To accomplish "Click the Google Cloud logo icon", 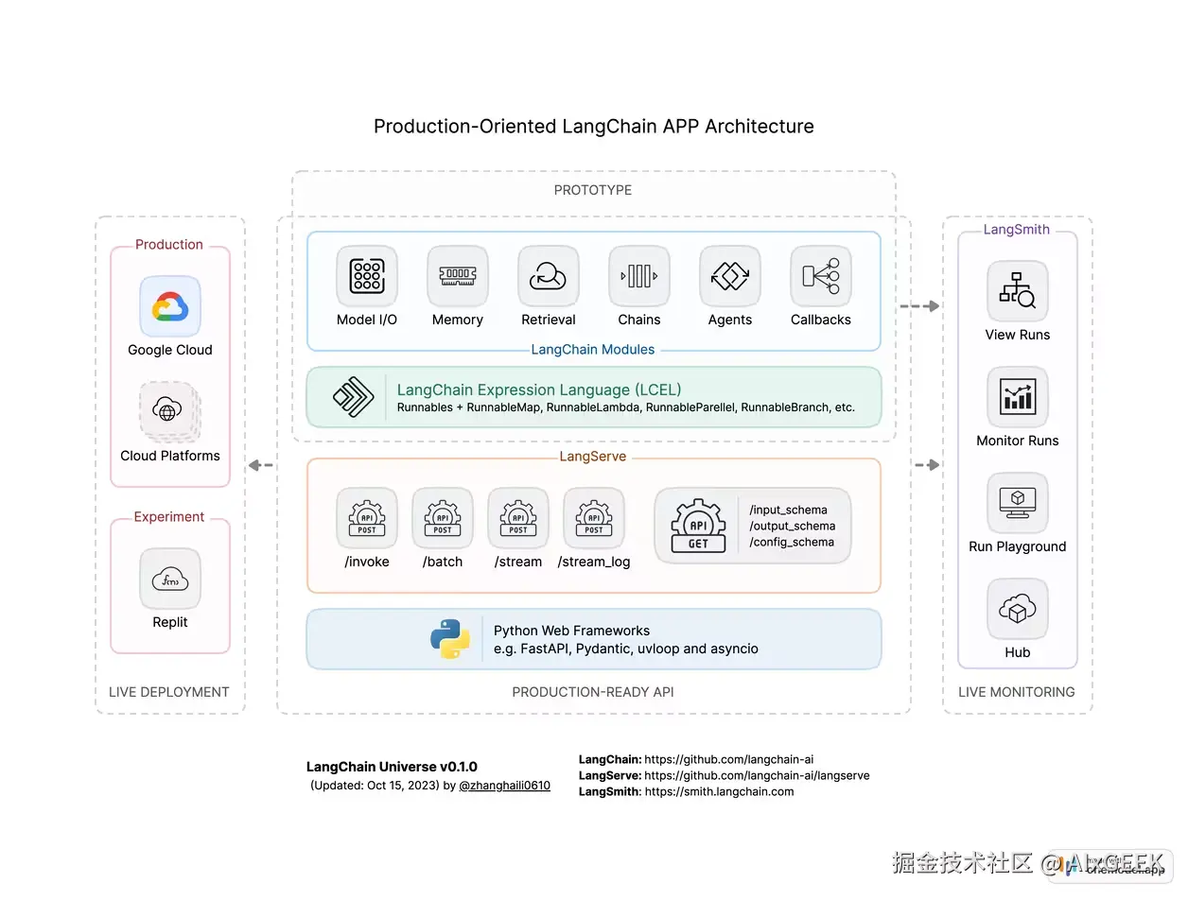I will [170, 306].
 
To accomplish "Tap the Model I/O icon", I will [367, 276].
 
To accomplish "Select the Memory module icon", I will [458, 276].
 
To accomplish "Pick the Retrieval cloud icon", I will [549, 276].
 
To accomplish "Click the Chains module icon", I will [639, 276].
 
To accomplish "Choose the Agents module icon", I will [730, 276].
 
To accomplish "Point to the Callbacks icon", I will [821, 276].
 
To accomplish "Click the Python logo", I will [450, 639].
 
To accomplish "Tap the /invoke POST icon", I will [367, 518].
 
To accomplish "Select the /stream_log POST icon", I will [594, 518].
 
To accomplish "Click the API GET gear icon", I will [698, 526].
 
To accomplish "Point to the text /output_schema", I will [793, 526].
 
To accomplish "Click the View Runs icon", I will [1018, 291].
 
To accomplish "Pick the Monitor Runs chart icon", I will [1018, 397].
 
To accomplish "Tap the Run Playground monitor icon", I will [1018, 503].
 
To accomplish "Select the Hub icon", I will [1018, 609].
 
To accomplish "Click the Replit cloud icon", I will [170, 579].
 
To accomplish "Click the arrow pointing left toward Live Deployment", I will [260, 465].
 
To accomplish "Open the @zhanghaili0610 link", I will [504, 786].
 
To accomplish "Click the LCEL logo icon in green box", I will [353, 397].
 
